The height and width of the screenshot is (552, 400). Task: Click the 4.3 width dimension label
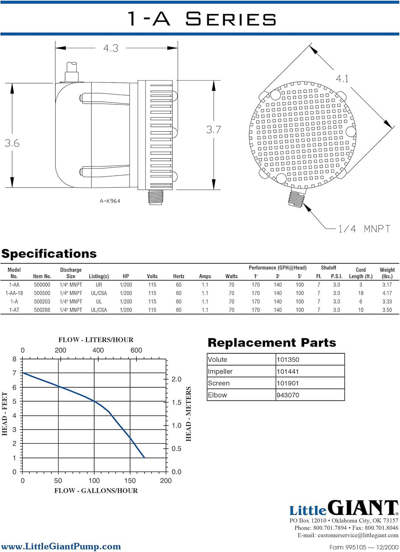pyautogui.click(x=111, y=48)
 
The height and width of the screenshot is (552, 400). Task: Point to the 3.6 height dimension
pyautogui.click(x=12, y=143)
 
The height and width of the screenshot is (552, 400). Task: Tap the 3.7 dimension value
pyautogui.click(x=214, y=130)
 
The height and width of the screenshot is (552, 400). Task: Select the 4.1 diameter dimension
pyautogui.click(x=342, y=79)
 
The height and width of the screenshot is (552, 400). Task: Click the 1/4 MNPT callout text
pyautogui.click(x=364, y=229)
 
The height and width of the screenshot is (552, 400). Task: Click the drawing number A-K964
pyautogui.click(x=110, y=201)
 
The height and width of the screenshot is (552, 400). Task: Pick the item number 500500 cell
pyautogui.click(x=42, y=293)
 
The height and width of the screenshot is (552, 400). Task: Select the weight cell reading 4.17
pyautogui.click(x=387, y=293)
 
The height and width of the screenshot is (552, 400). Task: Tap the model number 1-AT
pyautogui.click(x=14, y=310)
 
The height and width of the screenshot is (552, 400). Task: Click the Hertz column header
pyautogui.click(x=179, y=276)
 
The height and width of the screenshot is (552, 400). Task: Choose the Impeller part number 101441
pyautogui.click(x=288, y=372)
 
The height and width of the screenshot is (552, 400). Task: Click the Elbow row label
pyautogui.click(x=217, y=395)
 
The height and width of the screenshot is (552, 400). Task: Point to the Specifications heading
pyautogui.click(x=49, y=254)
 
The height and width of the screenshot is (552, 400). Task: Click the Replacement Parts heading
pyautogui.click(x=272, y=343)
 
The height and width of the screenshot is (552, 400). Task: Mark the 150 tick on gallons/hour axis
pyautogui.click(x=130, y=481)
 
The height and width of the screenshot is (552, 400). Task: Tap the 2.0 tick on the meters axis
pyautogui.click(x=176, y=379)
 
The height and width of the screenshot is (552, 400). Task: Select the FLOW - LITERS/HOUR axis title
pyautogui.click(x=96, y=340)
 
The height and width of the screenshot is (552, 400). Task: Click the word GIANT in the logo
pyautogui.click(x=363, y=508)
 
